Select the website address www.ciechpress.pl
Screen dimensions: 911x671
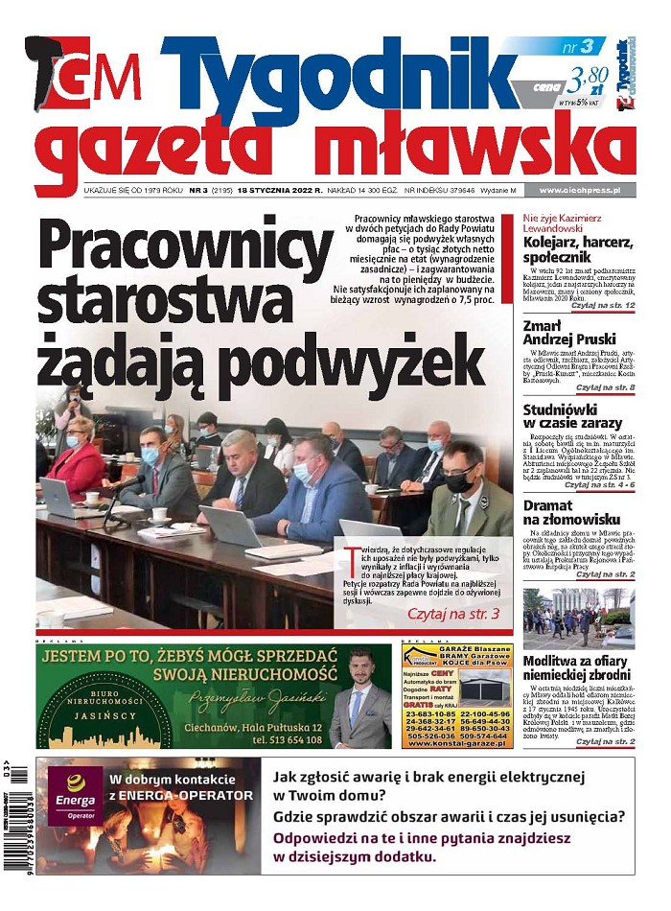[580, 191]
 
